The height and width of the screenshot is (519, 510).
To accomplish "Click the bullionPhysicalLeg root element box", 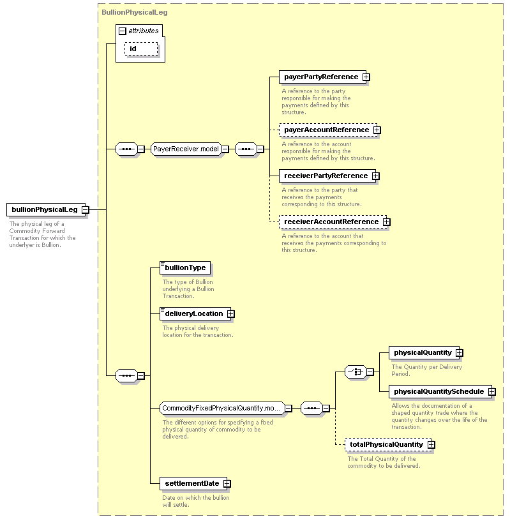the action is (x=46, y=209).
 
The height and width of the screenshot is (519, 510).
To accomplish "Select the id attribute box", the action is (x=141, y=49).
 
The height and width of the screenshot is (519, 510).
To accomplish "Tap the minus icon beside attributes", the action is (x=123, y=31).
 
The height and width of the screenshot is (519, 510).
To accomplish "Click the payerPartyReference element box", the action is (x=323, y=77).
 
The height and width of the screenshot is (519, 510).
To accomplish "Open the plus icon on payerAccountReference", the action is (x=377, y=130).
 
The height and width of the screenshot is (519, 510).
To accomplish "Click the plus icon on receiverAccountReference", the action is (x=387, y=222).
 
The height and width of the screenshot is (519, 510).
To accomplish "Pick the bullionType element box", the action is (x=185, y=267).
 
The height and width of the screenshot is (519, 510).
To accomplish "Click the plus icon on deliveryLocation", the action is (x=231, y=314).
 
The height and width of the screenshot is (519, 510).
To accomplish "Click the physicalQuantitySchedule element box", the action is (x=440, y=391).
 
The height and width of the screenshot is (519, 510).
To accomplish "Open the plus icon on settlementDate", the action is (x=227, y=484).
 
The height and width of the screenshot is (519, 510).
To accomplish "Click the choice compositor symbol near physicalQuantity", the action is (x=356, y=372).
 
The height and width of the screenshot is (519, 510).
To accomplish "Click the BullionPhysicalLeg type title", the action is (x=135, y=13).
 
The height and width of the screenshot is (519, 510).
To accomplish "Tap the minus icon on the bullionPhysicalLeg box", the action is (x=86, y=209).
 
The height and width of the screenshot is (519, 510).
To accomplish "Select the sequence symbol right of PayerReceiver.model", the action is (x=246, y=149).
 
